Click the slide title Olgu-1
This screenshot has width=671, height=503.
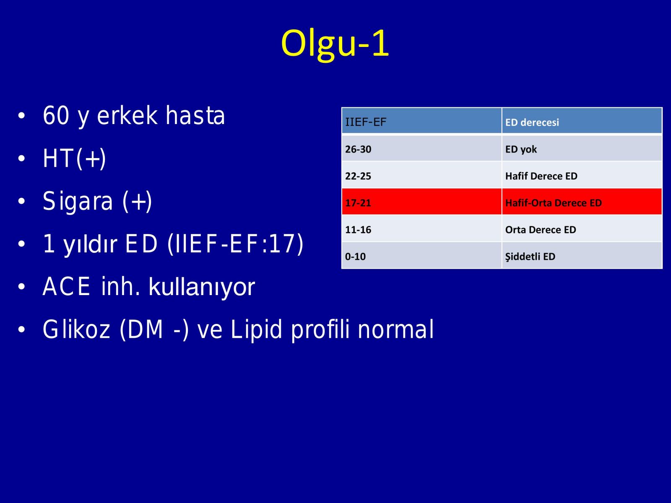pos(335,44)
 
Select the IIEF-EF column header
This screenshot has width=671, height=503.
pos(421,121)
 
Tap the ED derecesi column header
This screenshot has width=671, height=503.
pos(582,121)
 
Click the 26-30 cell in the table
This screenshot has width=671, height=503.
pos(421,148)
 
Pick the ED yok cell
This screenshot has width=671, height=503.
pos(582,148)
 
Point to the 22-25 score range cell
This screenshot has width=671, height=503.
pos(421,175)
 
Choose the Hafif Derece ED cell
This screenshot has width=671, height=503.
pos(582,175)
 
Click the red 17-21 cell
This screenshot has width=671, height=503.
pos(421,202)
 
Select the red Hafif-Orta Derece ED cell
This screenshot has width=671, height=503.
pos(582,202)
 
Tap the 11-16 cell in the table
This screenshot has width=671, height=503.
pos(421,228)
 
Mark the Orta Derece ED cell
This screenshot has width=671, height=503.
pos(582,228)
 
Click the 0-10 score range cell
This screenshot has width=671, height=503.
pos(421,255)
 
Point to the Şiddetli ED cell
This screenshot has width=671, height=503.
pos(582,255)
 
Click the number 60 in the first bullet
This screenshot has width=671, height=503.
pos(56,115)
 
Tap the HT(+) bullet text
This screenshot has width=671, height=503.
pos(74,158)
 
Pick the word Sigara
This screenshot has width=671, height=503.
pos(78,202)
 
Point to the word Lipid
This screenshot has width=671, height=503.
pos(256,329)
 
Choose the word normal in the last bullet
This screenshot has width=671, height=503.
pos(395,329)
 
